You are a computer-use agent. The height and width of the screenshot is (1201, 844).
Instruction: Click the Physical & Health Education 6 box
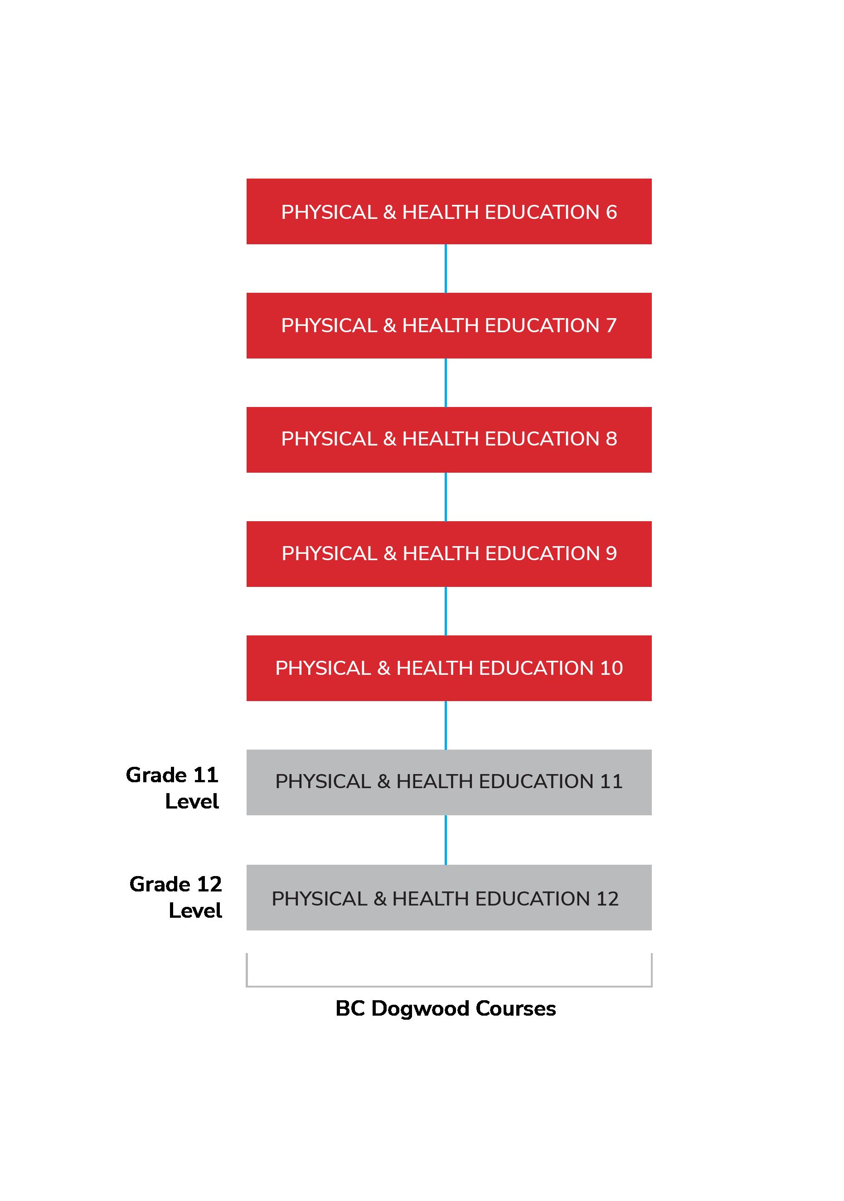click(x=448, y=211)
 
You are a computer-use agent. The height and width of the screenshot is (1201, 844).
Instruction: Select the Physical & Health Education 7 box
click(x=448, y=325)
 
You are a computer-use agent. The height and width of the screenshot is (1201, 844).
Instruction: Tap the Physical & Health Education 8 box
click(x=448, y=440)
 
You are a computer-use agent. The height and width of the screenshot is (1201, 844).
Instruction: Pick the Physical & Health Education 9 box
click(x=448, y=553)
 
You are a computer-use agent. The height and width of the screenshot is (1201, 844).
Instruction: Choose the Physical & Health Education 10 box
click(x=448, y=668)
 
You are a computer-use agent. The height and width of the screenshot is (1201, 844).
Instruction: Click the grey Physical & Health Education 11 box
click(x=448, y=782)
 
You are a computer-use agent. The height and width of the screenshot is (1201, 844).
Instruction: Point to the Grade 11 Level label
click(x=172, y=788)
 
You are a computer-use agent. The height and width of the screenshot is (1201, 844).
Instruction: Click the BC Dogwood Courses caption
click(x=445, y=1008)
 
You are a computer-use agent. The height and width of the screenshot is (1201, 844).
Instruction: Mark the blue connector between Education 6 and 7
click(x=445, y=268)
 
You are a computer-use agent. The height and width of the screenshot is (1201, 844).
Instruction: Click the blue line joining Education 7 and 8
click(x=445, y=383)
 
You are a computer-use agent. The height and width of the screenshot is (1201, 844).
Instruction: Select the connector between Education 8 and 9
click(x=445, y=496)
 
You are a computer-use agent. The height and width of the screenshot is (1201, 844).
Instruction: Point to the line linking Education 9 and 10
click(x=445, y=611)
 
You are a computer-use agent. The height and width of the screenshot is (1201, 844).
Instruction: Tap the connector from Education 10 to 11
click(x=445, y=725)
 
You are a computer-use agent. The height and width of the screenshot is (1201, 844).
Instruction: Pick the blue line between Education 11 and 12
click(x=445, y=839)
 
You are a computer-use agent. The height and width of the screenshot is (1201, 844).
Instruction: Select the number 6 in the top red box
click(x=611, y=212)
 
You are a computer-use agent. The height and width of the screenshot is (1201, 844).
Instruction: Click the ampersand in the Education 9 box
click(x=390, y=553)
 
